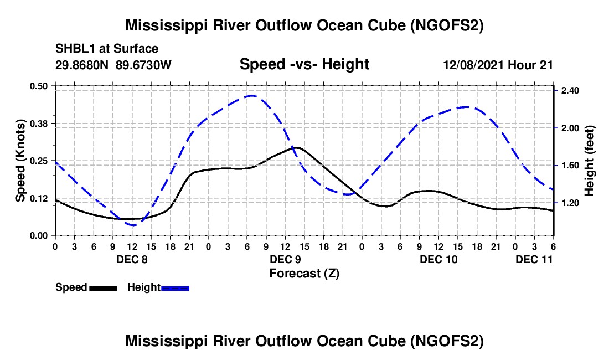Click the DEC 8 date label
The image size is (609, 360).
132,259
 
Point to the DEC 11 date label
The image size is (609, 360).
534,259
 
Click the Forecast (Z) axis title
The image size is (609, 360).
304,273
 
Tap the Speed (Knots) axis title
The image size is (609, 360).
20,161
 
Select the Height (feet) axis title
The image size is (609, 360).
589,161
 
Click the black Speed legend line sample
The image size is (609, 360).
102,288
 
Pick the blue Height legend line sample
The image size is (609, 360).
176,288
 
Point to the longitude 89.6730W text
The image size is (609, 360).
144,65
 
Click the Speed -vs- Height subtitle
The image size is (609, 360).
304,64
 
